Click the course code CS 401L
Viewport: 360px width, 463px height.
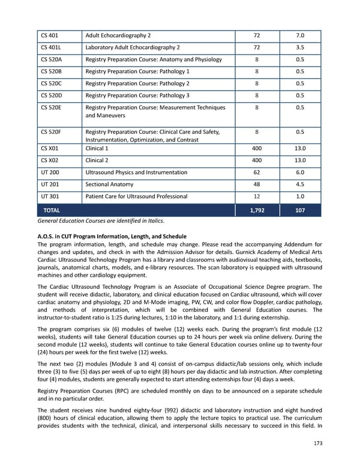coord(51,47)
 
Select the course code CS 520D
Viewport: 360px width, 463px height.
coord(52,95)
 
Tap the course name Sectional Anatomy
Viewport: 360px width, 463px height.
coord(109,184)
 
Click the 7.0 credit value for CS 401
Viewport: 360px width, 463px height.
coord(300,35)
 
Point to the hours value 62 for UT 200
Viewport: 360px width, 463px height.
coord(257,172)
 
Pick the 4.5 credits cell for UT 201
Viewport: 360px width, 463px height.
coord(300,184)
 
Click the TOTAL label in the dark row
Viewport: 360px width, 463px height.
coord(52,211)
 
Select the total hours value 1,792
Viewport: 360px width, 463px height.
coord(257,211)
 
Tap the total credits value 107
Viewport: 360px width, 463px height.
coord(300,211)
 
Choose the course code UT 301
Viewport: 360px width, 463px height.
coord(50,196)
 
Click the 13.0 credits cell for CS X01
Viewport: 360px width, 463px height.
coord(300,148)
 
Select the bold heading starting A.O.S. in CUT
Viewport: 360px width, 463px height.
coord(112,237)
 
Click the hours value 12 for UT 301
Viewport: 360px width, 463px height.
coord(257,196)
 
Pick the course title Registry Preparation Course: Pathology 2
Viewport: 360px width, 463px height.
coord(146,83)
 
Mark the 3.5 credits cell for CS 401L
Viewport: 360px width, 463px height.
coord(300,47)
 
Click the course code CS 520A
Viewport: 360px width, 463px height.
coord(52,59)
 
